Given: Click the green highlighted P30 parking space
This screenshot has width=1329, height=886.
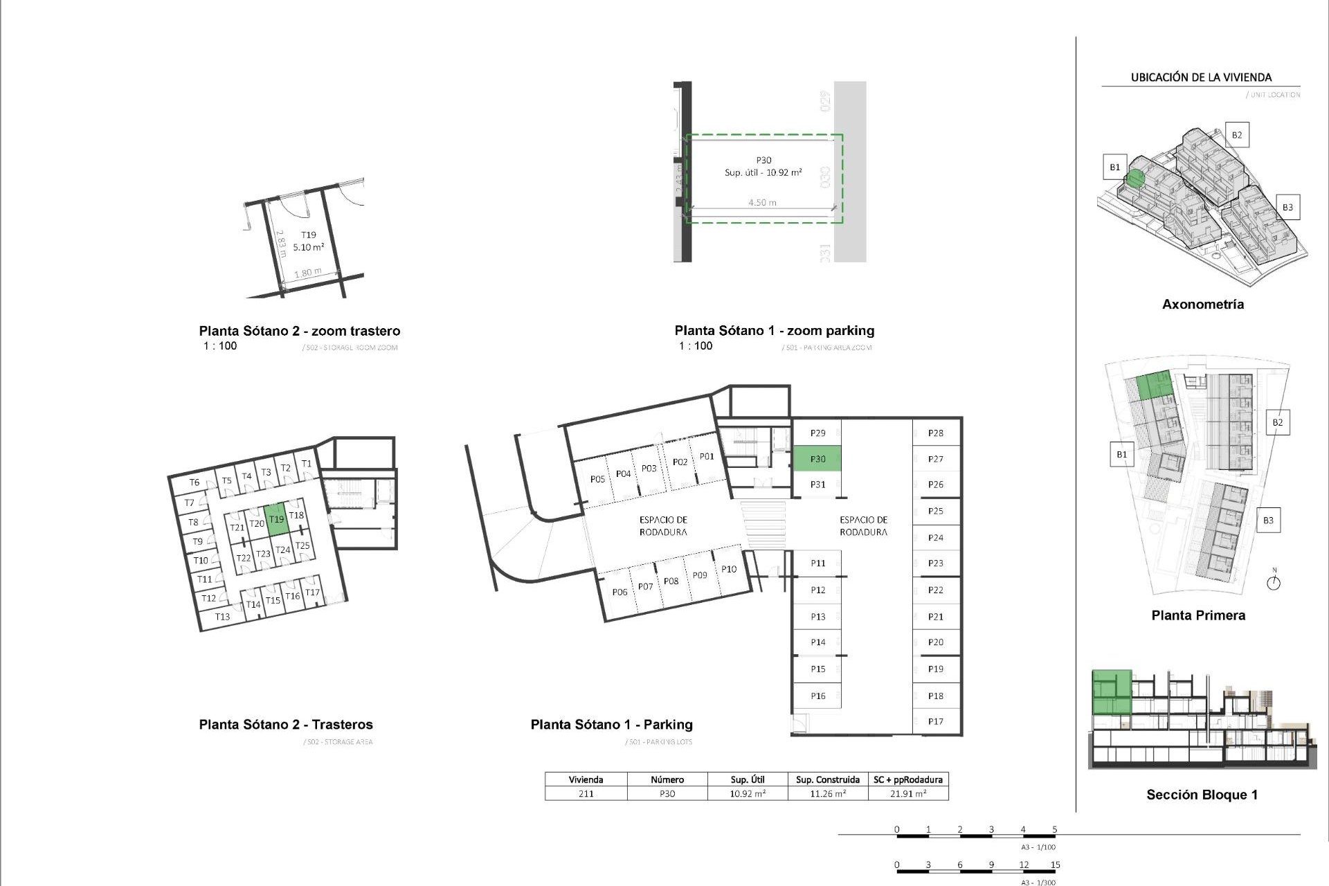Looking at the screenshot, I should coord(817,459).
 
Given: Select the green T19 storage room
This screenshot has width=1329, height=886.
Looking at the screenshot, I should coord(276,519).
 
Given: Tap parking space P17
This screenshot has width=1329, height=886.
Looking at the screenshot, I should coord(936,721).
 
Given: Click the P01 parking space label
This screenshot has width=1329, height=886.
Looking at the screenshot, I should coord(707,456).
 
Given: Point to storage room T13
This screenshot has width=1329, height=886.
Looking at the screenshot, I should coord(222,617).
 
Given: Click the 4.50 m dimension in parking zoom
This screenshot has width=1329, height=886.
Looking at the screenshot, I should coord(762,203).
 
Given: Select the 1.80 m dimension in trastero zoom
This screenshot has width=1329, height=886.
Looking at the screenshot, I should coord(307,273).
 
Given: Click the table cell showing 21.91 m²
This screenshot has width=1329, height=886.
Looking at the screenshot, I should coord(908,794).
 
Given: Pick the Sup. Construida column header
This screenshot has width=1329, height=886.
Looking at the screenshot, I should coord(828,779).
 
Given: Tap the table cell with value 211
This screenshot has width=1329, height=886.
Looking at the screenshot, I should coord(586,794).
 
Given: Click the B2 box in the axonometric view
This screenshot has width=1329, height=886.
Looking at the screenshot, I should coord(1237,135).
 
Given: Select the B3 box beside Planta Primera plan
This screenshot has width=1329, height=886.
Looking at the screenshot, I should coord(1268,521).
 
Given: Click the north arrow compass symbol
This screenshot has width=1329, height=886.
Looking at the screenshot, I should coord(1274,582).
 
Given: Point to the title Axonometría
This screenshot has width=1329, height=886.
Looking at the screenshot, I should coord(1202,305).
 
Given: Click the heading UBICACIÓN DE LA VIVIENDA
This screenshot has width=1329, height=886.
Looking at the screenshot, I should coord(1201,78).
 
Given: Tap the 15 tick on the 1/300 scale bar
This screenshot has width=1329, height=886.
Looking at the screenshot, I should coord(1055,865).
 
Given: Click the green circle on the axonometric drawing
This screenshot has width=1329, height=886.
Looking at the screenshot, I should coord(1134,179).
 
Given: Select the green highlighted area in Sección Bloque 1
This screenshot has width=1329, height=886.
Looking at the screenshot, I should coord(1112,692).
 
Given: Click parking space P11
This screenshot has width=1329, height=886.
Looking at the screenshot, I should coord(817,563).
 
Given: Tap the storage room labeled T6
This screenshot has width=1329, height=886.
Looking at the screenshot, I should coord(195,482).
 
